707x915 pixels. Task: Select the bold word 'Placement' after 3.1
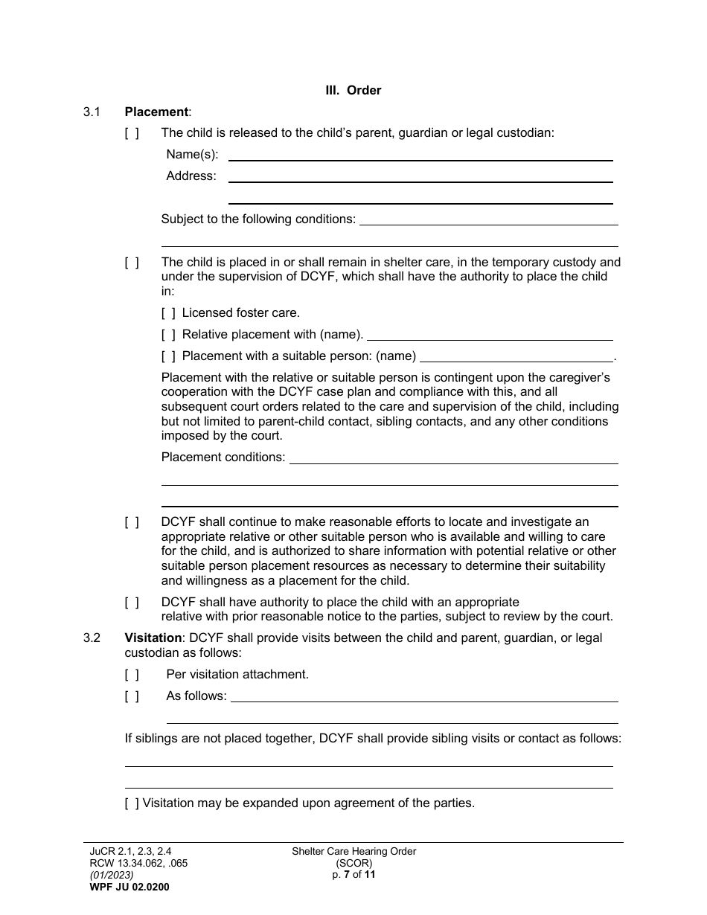coord(156,112)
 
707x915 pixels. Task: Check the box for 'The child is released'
coord(132,133)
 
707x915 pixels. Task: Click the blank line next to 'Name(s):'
coord(420,155)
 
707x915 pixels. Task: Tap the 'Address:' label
coord(191,176)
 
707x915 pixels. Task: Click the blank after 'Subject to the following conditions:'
coord(489,219)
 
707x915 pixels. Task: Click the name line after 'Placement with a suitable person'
coord(517,356)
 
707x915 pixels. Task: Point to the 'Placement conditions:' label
coord(223,457)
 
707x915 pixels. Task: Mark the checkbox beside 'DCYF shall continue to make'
coord(132,522)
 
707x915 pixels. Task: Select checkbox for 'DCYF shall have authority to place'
coord(132,602)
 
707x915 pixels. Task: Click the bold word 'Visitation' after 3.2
coord(153,638)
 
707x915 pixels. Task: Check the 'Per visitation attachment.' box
coord(132,675)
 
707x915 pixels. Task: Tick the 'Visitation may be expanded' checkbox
coord(132,803)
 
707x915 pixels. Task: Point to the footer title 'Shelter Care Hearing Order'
coord(353,852)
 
